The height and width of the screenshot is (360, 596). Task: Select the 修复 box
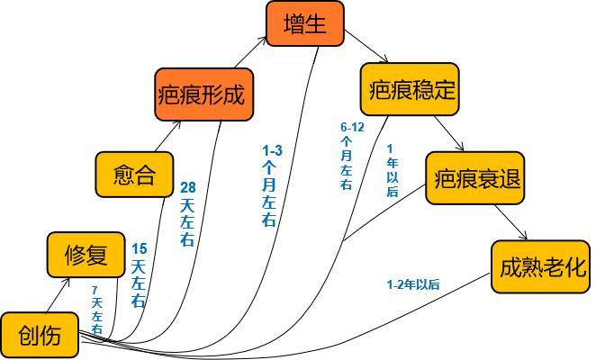click(x=86, y=256)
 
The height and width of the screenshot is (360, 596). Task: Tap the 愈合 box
click(x=135, y=174)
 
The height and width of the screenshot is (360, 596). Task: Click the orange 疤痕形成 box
click(x=201, y=94)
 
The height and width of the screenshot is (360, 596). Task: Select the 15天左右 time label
click(x=139, y=275)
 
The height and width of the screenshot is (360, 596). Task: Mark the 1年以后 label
click(x=392, y=169)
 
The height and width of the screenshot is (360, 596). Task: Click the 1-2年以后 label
click(x=412, y=284)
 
